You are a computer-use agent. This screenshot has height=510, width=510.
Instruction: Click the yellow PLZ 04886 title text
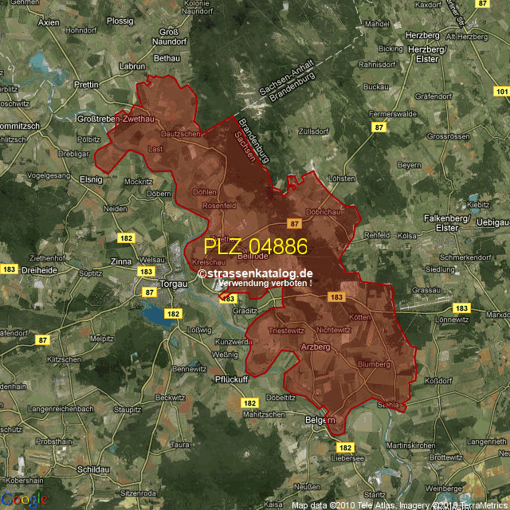[256, 246]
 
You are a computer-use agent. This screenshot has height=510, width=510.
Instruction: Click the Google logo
[24, 499]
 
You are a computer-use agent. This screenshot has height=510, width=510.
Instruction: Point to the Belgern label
[320, 419]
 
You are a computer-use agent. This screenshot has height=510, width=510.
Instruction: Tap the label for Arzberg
[317, 347]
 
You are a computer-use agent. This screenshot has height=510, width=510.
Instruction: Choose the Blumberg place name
[374, 363]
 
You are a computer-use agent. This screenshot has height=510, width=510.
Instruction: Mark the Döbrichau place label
[324, 212]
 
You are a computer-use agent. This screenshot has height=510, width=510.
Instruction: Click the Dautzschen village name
[181, 134]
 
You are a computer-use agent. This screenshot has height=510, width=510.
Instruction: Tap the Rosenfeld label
[220, 206]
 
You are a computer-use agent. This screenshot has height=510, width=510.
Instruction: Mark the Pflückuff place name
[232, 379]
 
